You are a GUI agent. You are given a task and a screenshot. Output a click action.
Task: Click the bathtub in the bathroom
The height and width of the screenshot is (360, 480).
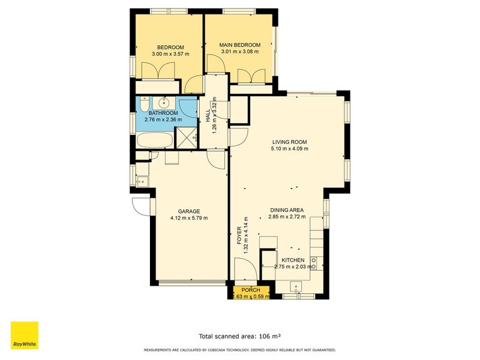154,140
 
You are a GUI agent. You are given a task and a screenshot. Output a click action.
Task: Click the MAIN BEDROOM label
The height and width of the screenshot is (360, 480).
239,45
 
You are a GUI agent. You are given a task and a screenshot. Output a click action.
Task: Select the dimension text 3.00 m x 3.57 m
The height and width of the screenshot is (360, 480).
170,54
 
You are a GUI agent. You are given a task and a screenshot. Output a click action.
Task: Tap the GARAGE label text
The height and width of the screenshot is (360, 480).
188,211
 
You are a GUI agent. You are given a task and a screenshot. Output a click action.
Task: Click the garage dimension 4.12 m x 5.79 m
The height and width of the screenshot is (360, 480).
188,218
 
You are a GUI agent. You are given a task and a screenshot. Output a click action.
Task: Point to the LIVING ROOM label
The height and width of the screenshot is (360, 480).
289,142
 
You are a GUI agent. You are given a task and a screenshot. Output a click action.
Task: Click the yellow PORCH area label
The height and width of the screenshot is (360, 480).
251,290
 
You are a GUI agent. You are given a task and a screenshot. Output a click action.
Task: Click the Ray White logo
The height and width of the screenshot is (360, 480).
25,335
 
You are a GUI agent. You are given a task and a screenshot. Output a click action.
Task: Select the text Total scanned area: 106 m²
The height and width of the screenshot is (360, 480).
240,337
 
